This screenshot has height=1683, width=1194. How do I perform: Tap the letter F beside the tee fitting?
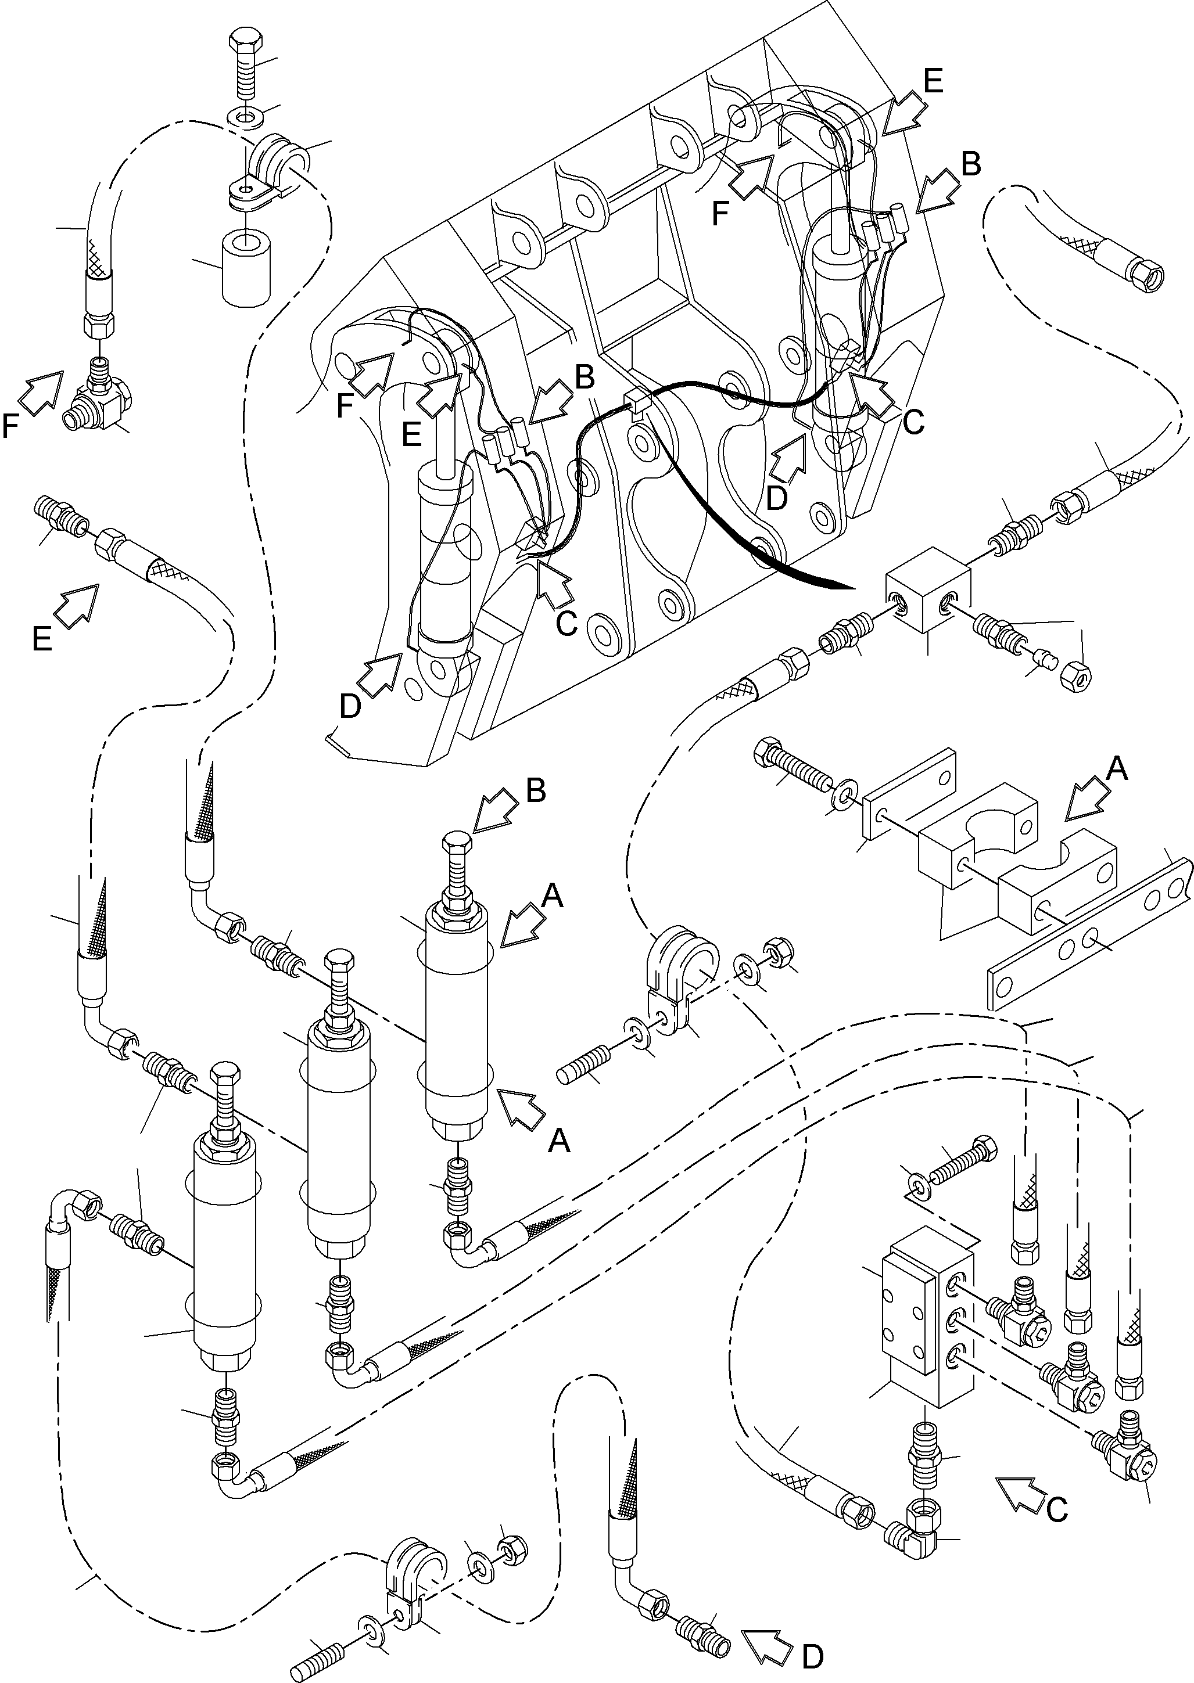tap(10, 425)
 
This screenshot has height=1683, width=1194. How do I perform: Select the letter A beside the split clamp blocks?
tap(1116, 769)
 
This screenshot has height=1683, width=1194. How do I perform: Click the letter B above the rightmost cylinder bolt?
tap(536, 791)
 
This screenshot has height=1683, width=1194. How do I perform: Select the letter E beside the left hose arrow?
tap(42, 640)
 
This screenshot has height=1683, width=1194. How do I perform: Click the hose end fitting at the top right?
tap(1147, 276)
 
